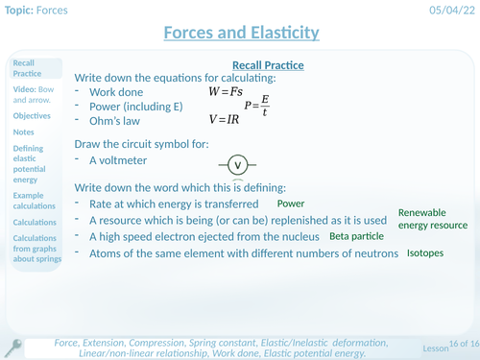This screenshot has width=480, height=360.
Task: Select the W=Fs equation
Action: pos(228,91)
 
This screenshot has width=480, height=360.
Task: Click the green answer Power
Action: pos(291,204)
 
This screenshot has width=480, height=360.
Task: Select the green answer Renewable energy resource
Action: pos(433,219)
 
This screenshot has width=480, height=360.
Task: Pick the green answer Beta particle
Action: pos(356,235)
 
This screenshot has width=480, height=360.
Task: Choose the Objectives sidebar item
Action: pos(31,114)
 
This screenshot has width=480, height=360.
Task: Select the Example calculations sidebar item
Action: pos(33,201)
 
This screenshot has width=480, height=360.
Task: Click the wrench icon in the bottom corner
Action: pos(14,348)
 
